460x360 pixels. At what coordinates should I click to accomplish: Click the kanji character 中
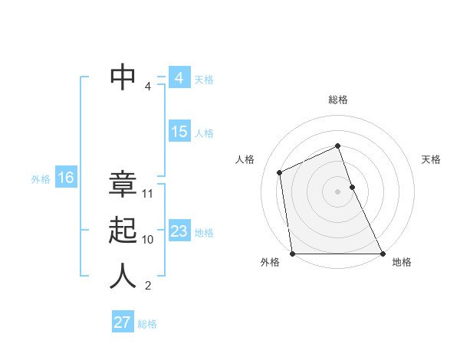[x=123, y=77]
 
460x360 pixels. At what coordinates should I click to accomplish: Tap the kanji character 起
[x=123, y=230]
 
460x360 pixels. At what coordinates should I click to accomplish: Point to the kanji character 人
[x=123, y=276]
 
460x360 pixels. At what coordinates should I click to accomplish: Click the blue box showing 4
[x=179, y=78]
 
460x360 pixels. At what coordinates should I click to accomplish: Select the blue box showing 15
[x=179, y=132]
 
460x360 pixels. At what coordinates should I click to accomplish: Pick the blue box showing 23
[x=179, y=231]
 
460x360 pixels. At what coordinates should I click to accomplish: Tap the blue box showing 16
[x=65, y=178]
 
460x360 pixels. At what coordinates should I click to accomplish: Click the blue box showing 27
[x=122, y=322]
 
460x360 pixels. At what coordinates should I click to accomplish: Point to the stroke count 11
[x=148, y=194]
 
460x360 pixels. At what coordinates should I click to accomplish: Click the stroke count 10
[x=148, y=240]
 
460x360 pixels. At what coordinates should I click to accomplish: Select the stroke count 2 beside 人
[x=148, y=286]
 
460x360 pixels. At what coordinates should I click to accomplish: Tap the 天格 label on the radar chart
[x=431, y=159]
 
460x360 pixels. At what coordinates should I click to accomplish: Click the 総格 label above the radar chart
[x=338, y=100]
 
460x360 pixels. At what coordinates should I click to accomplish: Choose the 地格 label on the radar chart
[x=402, y=262]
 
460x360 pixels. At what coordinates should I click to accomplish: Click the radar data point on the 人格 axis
[x=280, y=172]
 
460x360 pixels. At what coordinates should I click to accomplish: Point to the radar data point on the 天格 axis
[x=352, y=187]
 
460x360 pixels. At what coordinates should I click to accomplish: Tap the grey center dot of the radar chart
[x=337, y=191]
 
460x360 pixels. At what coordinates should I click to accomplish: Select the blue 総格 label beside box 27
[x=147, y=324]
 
